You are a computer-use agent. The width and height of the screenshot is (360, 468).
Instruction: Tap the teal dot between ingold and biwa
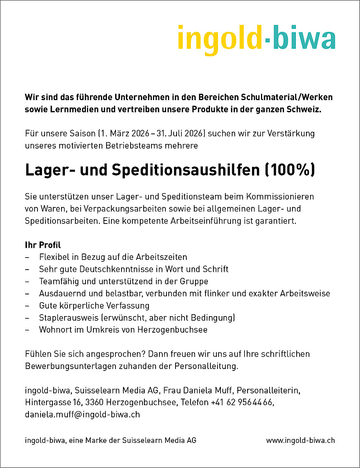(267, 39)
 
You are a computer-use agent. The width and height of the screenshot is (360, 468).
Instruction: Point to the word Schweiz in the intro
(304, 109)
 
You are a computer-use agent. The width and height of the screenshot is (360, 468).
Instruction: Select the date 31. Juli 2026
(181, 133)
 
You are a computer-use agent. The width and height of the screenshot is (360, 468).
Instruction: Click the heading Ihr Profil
(43, 245)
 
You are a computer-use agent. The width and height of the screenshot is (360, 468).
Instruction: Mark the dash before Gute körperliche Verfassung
(27, 306)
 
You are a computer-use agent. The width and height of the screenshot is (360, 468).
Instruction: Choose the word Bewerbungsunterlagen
(70, 366)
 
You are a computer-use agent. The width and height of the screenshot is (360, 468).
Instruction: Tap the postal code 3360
(94, 402)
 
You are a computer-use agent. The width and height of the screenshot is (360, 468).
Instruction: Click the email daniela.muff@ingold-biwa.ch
(82, 414)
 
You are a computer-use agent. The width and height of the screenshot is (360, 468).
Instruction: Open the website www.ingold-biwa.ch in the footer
(300, 441)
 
